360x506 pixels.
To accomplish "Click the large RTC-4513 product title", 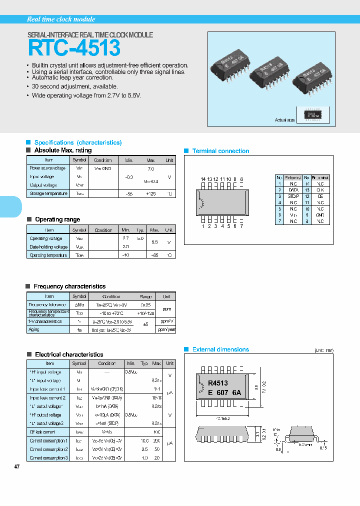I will pos(74,48).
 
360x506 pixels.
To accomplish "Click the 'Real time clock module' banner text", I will pos(60,19).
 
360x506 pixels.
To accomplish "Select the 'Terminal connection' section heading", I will pos(220,151).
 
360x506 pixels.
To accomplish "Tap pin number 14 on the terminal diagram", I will pos(203,179).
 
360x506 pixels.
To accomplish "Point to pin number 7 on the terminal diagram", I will pos(241,226).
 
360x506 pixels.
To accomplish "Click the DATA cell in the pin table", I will pos(293,190).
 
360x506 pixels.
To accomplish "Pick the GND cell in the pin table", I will pos(320,214).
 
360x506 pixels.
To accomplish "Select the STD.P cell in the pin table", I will pos(293,196).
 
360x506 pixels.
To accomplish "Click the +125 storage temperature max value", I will pos(151,193).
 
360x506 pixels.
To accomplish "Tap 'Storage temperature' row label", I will pos(48,193).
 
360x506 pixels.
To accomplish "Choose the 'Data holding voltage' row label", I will pos(48,247).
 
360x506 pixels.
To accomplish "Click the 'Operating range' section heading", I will pos(57,219).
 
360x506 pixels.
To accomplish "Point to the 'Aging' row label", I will pos(34,329).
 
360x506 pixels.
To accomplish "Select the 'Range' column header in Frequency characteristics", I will pos(145,296).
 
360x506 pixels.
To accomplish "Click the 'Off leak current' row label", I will pos(42,431).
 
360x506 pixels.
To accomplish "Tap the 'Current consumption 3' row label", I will pos(48,457).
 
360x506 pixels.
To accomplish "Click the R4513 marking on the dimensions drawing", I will pos(218,383).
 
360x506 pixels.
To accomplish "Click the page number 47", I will pos(17,466).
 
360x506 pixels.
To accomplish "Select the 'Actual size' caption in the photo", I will pos(284,120).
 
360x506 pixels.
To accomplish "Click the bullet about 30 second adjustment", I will pos(74,86).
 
